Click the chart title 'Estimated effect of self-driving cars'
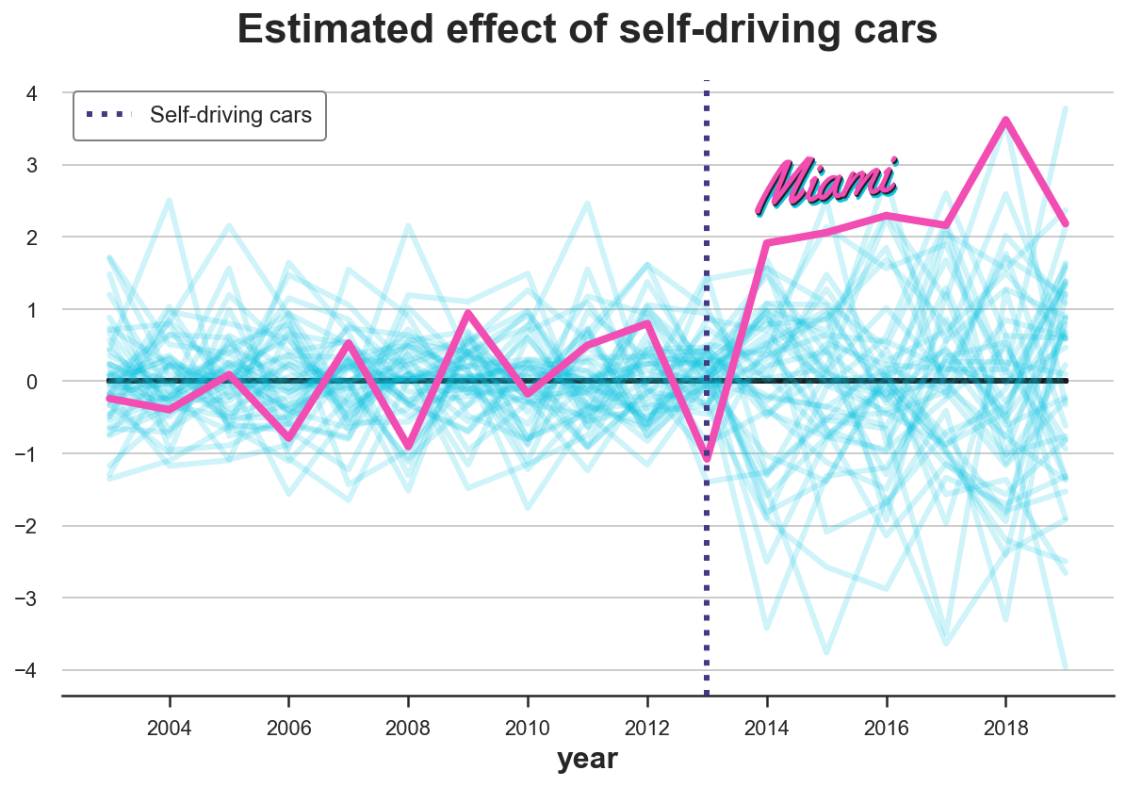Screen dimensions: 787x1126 point(587,31)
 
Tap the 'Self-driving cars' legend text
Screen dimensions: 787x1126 point(231,116)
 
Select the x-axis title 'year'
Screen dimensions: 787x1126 point(587,759)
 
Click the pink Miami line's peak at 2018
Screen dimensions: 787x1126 point(1006,121)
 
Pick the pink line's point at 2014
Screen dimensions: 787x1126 point(767,243)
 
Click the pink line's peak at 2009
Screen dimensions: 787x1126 point(468,313)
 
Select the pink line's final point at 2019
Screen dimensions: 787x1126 point(1066,223)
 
